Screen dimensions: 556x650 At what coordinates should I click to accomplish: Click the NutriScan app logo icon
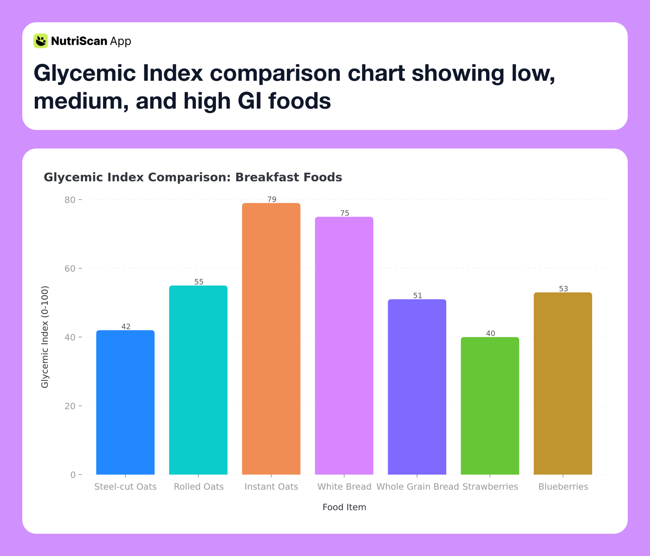[x=41, y=41]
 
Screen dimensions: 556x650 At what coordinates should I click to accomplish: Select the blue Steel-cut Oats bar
[x=125, y=402]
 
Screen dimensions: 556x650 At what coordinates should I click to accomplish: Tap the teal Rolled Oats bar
[x=198, y=380]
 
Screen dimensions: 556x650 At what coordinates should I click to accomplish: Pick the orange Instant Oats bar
[x=271, y=339]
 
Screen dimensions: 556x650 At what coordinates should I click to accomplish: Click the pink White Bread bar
[x=344, y=346]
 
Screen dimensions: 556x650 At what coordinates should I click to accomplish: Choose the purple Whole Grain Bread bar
[x=417, y=387]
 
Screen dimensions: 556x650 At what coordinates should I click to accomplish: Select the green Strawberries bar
[x=490, y=406]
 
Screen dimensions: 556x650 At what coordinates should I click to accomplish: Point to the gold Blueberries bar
[x=563, y=383]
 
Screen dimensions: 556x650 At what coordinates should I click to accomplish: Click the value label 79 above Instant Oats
[x=272, y=200]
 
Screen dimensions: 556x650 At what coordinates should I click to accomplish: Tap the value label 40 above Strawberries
[x=490, y=333]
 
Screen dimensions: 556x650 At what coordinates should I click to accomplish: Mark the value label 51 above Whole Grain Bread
[x=417, y=296]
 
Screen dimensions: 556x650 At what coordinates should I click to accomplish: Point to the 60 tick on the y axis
[x=70, y=269]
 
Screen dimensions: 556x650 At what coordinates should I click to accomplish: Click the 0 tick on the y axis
[x=73, y=475]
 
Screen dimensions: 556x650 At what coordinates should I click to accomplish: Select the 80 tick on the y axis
[x=70, y=200]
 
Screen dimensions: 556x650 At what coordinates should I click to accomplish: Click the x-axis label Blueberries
[x=563, y=487]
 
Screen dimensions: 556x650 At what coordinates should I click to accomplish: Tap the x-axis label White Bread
[x=344, y=487]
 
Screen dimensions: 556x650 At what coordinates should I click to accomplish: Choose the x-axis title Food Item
[x=344, y=507]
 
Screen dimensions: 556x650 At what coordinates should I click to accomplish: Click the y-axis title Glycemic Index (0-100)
[x=45, y=337]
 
